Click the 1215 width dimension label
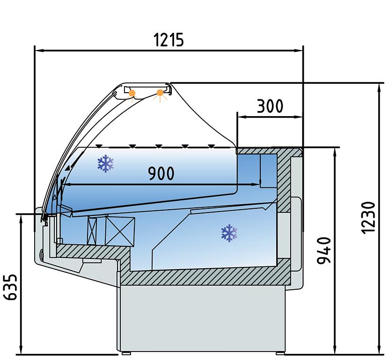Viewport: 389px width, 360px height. click(x=169, y=40)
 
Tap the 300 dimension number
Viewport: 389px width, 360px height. click(x=270, y=106)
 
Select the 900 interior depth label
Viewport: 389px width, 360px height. click(x=161, y=173)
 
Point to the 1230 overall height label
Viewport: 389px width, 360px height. click(x=368, y=218)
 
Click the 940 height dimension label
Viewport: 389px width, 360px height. click(x=324, y=250)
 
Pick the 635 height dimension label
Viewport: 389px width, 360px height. click(x=11, y=287)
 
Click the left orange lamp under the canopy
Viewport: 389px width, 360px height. click(x=132, y=93)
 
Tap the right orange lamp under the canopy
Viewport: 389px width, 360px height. click(x=160, y=93)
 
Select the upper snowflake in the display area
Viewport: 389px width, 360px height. click(x=106, y=163)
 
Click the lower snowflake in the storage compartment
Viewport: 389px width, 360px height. click(x=229, y=233)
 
